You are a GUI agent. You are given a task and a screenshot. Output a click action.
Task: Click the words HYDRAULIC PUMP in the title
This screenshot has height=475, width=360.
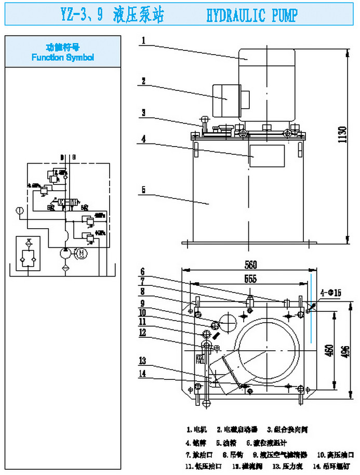(x=251, y=16)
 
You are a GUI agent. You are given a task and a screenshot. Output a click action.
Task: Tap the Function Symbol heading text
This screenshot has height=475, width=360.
(x=62, y=57)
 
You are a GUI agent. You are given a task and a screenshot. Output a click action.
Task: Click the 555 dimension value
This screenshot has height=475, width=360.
(x=251, y=279)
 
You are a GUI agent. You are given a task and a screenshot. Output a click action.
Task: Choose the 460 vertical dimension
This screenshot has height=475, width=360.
(x=328, y=351)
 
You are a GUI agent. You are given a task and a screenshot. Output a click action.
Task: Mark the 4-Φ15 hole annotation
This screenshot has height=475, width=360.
(x=330, y=294)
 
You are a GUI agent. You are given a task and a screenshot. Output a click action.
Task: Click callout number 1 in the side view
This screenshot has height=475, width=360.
(x=144, y=39)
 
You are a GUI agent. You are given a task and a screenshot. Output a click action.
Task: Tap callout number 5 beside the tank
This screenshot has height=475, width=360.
(x=144, y=190)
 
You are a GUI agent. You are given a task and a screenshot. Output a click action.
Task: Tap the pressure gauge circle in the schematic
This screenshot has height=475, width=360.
(x=19, y=211)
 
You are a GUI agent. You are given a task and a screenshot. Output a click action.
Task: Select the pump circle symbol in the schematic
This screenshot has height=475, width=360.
(x=65, y=254)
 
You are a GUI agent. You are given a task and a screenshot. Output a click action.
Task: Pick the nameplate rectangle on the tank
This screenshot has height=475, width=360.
(x=266, y=156)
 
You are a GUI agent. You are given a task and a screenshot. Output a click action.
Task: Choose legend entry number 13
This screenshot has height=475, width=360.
(x=284, y=466)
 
